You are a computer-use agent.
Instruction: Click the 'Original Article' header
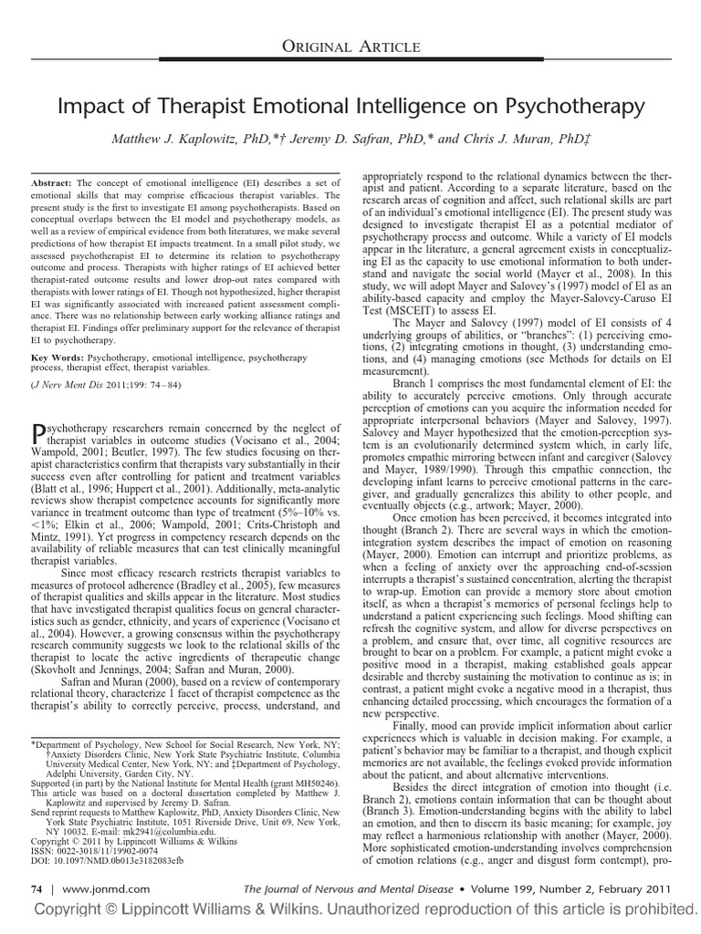point(350,47)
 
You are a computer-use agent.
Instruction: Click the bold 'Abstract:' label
point(52,182)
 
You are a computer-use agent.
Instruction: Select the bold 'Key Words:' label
point(56,361)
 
